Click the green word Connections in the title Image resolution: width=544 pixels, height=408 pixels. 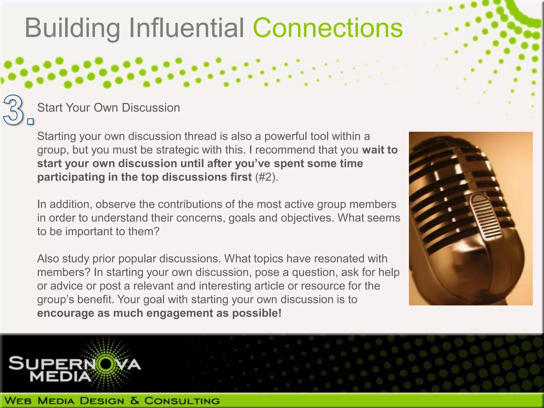pyautogui.click(x=328, y=28)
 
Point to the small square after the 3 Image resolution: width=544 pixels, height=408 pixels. pyautogui.click(x=31, y=122)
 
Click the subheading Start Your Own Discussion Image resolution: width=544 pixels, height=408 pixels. pyautogui.click(x=108, y=108)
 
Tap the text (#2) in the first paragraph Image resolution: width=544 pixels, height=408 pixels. pyautogui.click(x=266, y=177)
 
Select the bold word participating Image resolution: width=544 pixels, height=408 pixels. pyautogui.click(x=71, y=177)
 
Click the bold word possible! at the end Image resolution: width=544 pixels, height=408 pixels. pyautogui.click(x=257, y=313)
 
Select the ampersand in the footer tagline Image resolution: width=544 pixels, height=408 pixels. pyautogui.click(x=134, y=400)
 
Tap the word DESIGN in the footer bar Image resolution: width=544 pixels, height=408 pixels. pyautogui.click(x=102, y=401)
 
